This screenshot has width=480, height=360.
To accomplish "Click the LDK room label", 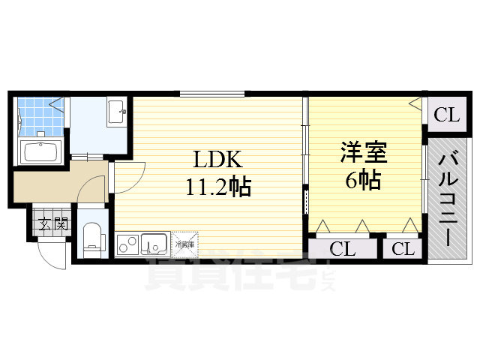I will tap(218, 160).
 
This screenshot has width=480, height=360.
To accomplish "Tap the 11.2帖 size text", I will tap(218, 186).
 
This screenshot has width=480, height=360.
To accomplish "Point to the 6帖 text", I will tap(363, 181).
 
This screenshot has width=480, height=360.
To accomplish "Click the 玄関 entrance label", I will tap(52, 223).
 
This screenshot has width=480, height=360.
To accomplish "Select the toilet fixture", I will tap(93, 237).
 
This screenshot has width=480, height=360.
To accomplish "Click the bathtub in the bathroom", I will tap(42, 152).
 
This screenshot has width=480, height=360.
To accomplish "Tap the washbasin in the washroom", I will tap(117, 114).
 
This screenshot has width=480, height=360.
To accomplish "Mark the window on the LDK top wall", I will tap(211, 94).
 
